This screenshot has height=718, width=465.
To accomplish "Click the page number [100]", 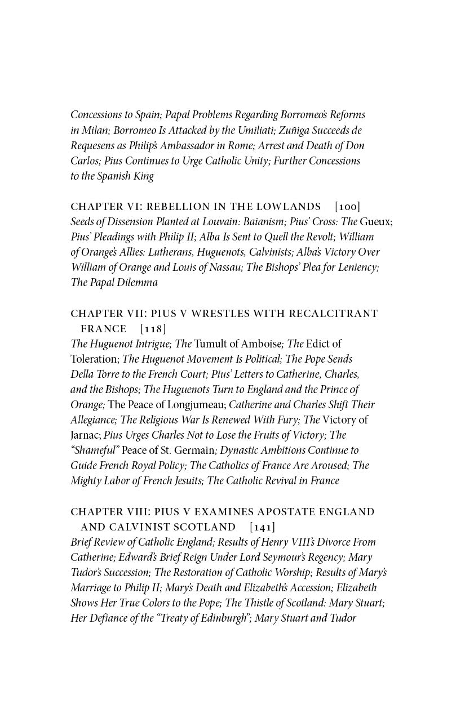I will pos(347,207).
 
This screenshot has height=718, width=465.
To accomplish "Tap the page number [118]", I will pos(153,328).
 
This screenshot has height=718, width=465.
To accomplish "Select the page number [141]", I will pos(262,527).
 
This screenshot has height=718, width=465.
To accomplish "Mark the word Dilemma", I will pos(137,283).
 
